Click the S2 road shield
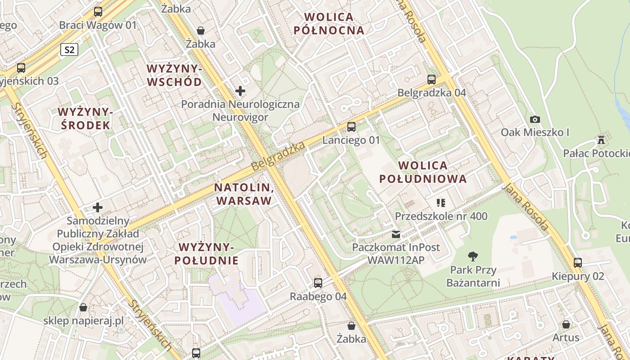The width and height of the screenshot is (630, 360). coord(69,49)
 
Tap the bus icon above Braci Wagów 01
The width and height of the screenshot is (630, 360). coord(98,12)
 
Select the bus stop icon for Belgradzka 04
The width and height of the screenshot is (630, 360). coord(432,80)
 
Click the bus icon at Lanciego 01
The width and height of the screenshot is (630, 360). coord(351,127)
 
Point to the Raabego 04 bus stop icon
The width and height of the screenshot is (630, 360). coord(318,283)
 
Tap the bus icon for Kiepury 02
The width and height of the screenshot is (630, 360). coord(578,263)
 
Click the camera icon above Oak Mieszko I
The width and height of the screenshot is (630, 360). coord(535,119)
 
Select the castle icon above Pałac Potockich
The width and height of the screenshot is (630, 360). coord(601,140)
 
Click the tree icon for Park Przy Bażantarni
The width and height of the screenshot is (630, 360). coord(472,256)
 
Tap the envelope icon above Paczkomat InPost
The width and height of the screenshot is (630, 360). coord(396,234)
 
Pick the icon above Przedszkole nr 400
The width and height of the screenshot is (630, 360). coord(441,203)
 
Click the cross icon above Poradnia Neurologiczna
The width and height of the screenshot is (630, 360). coord(240,91)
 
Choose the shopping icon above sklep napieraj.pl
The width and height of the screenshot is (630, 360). coord(83,307)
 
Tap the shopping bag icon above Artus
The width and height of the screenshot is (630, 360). coord(566,324)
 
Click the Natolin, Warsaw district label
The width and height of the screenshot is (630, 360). coord(244,194)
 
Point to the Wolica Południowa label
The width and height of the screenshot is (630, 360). coord(423,172)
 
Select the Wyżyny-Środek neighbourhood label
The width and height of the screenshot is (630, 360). coord(85,118)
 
